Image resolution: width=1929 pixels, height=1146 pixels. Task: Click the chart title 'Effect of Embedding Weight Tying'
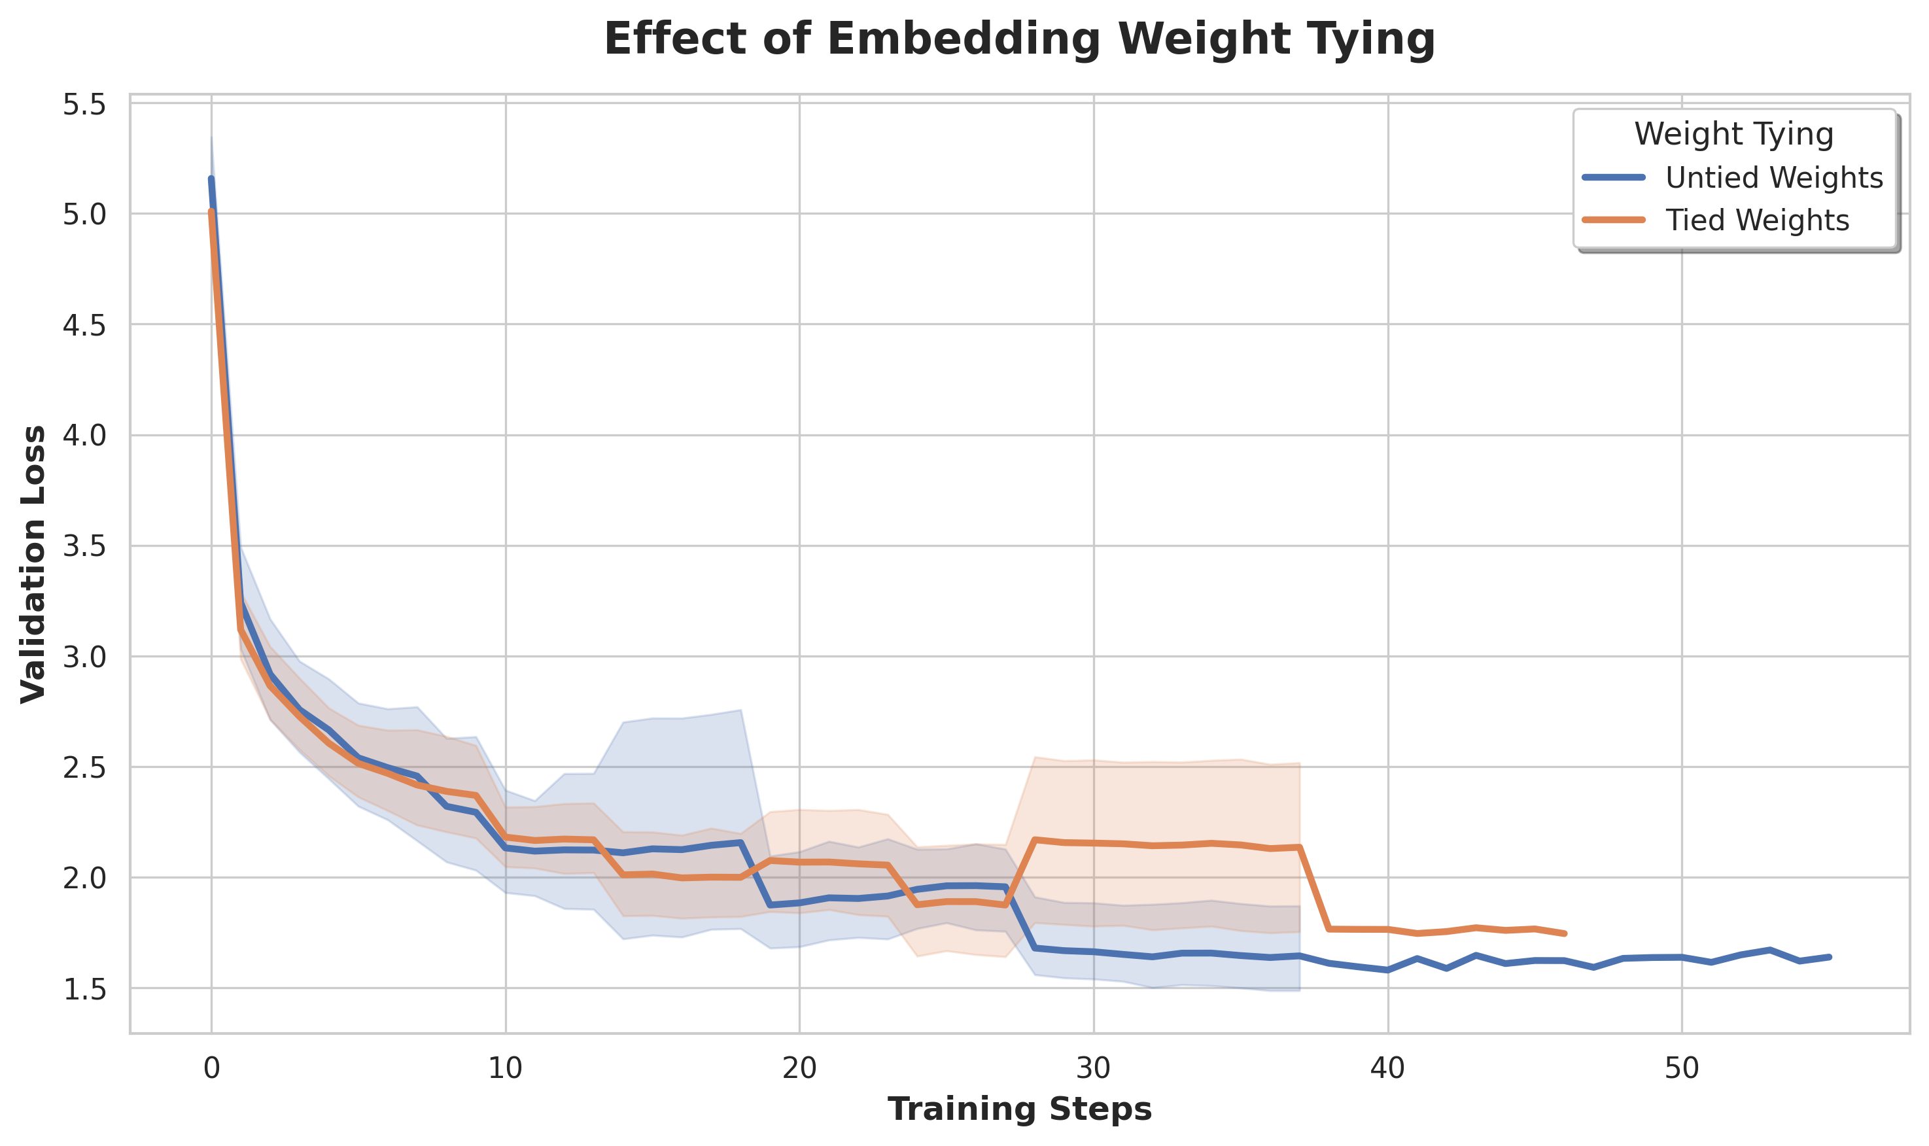point(1019,39)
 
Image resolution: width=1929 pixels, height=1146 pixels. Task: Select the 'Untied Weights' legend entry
point(1773,178)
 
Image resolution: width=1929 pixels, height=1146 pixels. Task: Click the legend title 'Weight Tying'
point(1733,133)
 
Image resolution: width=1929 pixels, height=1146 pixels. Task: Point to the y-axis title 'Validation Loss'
point(33,564)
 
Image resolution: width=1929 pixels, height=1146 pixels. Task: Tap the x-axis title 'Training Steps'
point(1019,1109)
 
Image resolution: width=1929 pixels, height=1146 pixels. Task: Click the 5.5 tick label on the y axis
point(83,104)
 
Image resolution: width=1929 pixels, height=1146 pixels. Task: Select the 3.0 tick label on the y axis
point(83,657)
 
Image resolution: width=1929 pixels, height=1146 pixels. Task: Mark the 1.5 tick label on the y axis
point(83,989)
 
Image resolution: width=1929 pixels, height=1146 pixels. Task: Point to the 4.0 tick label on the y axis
point(83,436)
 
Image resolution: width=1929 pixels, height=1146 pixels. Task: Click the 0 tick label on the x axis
point(211,1068)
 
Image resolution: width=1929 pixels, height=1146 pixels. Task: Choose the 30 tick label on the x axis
point(1094,1068)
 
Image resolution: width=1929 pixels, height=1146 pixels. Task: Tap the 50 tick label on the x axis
point(1682,1068)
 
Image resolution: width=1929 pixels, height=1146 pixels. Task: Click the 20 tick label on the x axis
point(799,1068)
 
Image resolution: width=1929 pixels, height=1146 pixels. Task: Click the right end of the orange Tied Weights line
point(1565,933)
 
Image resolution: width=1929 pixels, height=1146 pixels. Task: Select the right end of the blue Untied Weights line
point(1830,957)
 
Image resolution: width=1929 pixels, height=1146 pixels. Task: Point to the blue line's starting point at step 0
point(211,179)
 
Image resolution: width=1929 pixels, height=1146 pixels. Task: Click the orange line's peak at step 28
point(1035,839)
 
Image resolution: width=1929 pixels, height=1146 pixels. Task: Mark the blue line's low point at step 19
point(770,905)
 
